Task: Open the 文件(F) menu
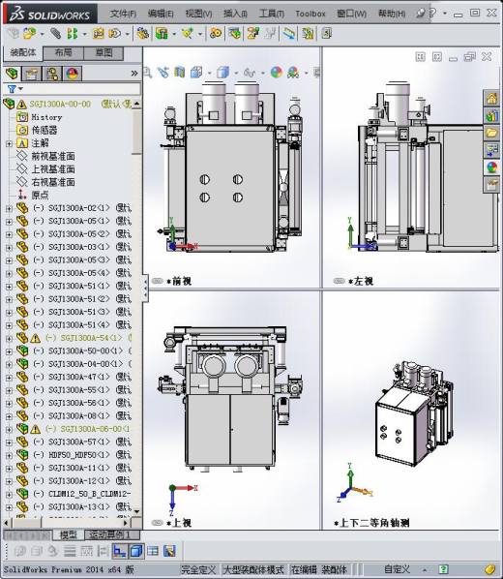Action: (123, 15)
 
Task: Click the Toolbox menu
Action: (310, 15)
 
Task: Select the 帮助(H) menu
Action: (391, 15)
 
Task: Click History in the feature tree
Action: (46, 117)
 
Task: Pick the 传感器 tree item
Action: (44, 130)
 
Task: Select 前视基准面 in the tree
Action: (52, 156)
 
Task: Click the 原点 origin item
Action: (40, 195)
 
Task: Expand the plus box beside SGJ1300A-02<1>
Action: (10, 208)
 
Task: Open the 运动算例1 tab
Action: (111, 534)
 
